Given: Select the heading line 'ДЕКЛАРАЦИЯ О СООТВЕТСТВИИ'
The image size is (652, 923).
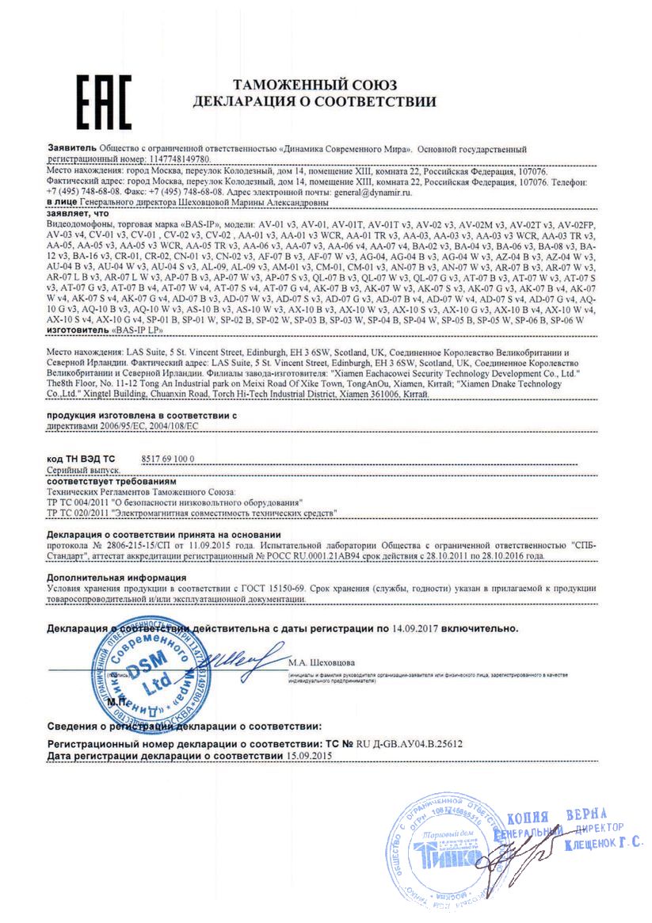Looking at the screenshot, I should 315,101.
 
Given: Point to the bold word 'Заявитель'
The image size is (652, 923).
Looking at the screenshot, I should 72,148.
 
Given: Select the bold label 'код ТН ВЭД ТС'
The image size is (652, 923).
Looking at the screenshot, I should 81,459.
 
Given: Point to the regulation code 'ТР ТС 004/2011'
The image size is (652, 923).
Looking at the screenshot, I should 78,503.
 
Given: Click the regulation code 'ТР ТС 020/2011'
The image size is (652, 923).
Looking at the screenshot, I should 78,513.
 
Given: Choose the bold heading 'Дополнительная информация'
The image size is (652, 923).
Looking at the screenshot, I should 116,578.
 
